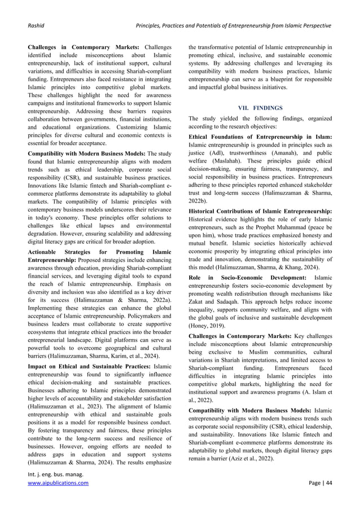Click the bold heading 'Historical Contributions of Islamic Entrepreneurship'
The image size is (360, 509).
[260, 210]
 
